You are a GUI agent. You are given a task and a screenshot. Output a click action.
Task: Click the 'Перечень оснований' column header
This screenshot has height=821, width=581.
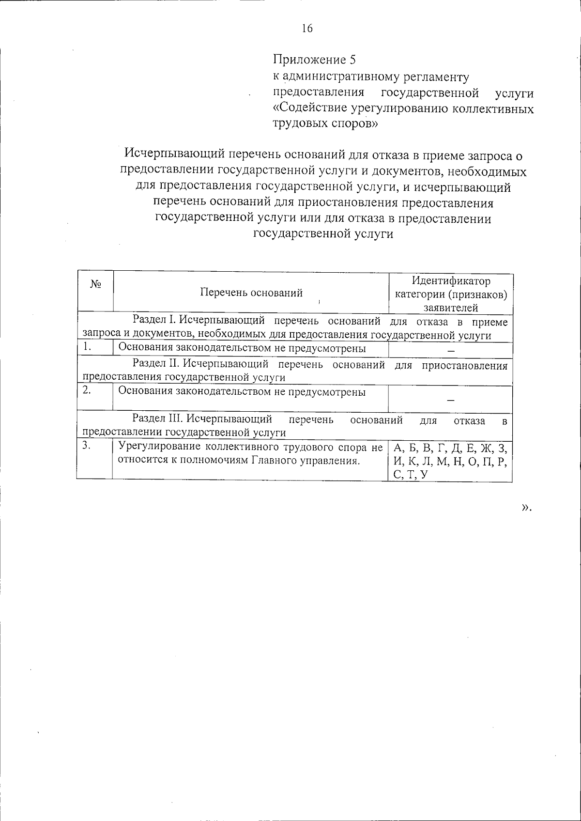click(x=251, y=292)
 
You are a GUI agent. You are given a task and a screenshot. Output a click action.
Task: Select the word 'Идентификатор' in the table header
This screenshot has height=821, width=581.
click(x=451, y=281)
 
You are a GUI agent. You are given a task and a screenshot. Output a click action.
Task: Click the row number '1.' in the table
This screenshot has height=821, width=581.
click(x=88, y=347)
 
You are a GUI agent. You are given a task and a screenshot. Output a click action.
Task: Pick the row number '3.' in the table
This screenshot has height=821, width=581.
click(x=87, y=446)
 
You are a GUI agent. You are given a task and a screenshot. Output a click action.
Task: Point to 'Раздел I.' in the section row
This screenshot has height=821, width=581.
click(x=150, y=322)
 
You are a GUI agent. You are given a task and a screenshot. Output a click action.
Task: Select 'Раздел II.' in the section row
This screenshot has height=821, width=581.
click(x=151, y=365)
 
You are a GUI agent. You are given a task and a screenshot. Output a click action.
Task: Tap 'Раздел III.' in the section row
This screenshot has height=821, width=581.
click(x=153, y=419)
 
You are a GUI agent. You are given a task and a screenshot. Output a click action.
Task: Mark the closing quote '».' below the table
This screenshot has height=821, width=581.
click(x=526, y=507)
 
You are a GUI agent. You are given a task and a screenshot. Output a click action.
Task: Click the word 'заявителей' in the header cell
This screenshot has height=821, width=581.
click(x=451, y=308)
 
